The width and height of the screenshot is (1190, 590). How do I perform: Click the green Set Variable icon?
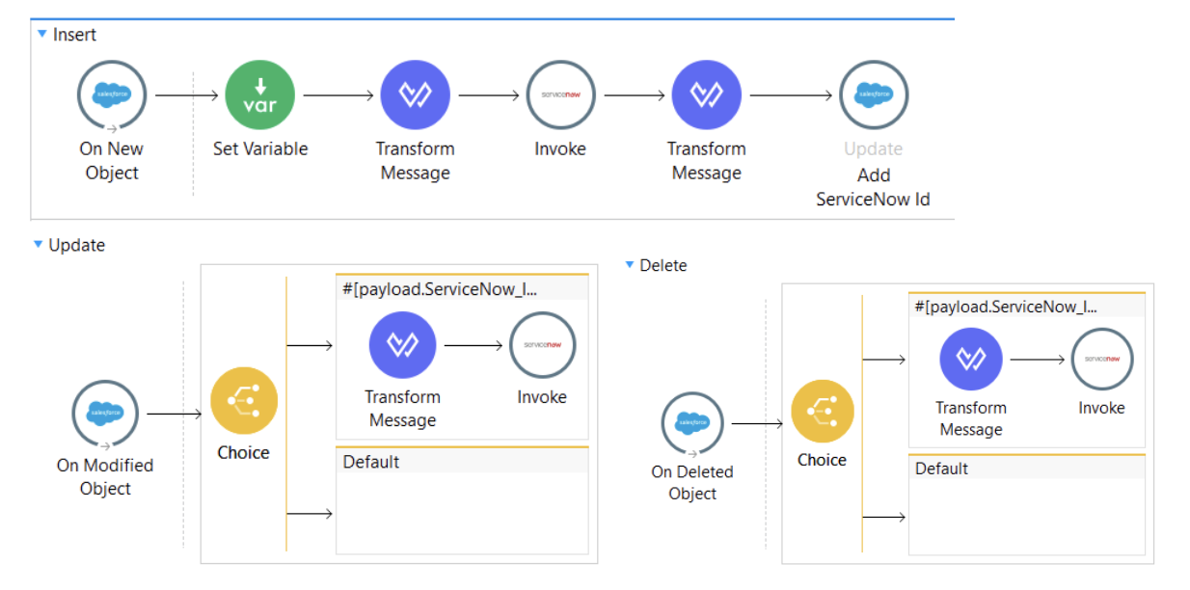point(259,95)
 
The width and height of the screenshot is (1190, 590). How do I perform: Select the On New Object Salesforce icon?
point(112,95)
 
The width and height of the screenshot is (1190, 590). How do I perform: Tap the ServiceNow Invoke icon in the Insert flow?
point(560,95)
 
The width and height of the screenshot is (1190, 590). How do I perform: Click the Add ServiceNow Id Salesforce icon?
point(873,95)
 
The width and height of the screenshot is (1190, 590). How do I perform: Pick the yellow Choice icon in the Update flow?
point(244,401)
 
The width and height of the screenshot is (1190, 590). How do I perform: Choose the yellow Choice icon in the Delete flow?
point(822,411)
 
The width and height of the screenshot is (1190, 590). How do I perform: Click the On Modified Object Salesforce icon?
point(105,414)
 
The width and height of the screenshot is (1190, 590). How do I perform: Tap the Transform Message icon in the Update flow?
point(402,345)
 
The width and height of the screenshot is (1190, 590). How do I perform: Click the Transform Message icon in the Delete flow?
point(971,360)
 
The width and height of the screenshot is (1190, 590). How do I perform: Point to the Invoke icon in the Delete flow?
point(1101,360)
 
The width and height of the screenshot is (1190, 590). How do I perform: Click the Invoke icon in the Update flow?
point(542,345)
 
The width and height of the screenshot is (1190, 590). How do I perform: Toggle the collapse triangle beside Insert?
point(41,34)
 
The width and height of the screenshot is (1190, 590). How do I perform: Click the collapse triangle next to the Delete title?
point(630,264)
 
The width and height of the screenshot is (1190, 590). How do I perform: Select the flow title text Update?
point(76,245)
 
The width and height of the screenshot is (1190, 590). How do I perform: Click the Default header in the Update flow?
point(371,462)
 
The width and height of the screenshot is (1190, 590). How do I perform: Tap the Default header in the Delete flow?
point(941,469)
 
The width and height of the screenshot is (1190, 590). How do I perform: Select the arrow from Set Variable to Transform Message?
point(338,95)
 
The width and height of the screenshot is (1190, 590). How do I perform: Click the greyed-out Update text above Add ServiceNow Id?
point(873,149)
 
